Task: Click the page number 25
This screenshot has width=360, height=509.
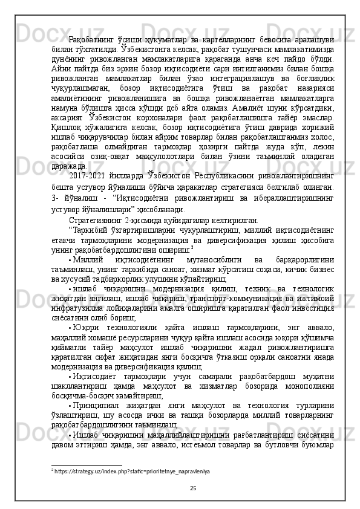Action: (x=192, y=488)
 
